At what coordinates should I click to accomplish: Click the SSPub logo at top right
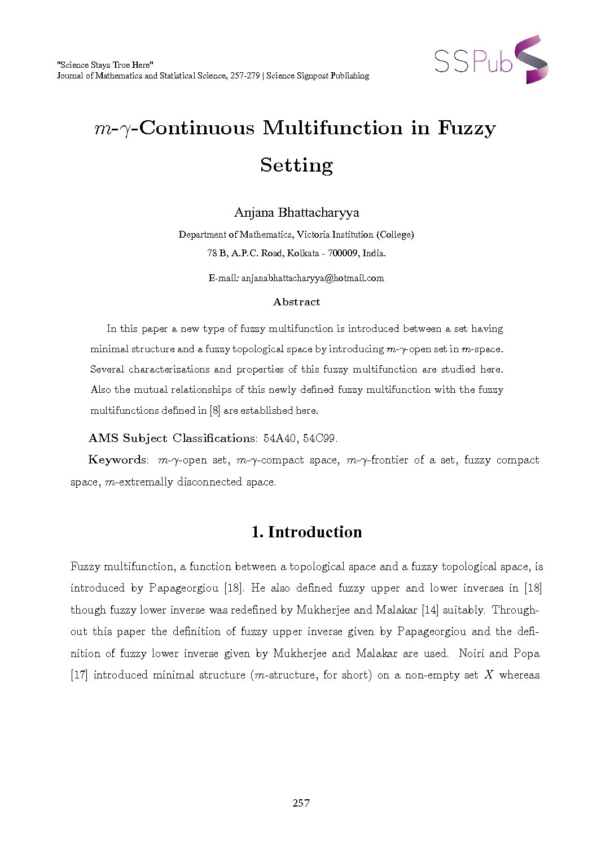pyautogui.click(x=490, y=60)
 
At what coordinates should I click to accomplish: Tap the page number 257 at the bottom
pyautogui.click(x=301, y=803)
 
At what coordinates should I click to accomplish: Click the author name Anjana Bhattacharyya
pyautogui.click(x=296, y=213)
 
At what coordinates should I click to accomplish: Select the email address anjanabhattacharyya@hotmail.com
pyautogui.click(x=313, y=278)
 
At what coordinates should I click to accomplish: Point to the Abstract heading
pyautogui.click(x=296, y=302)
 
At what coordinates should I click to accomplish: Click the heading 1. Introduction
pyautogui.click(x=306, y=532)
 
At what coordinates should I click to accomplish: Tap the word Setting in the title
pyautogui.click(x=296, y=165)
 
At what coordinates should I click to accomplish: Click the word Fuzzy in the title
pyautogui.click(x=466, y=128)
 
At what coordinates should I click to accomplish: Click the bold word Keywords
pyautogui.click(x=117, y=460)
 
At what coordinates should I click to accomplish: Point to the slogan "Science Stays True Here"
pyautogui.click(x=105, y=65)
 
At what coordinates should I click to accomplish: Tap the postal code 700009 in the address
pyautogui.click(x=343, y=253)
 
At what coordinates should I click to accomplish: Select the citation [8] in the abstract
pyautogui.click(x=214, y=410)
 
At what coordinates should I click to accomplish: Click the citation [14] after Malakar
pyautogui.click(x=429, y=610)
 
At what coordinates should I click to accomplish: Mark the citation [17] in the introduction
pyautogui.click(x=79, y=675)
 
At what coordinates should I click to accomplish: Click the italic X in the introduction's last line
pyautogui.click(x=489, y=675)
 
